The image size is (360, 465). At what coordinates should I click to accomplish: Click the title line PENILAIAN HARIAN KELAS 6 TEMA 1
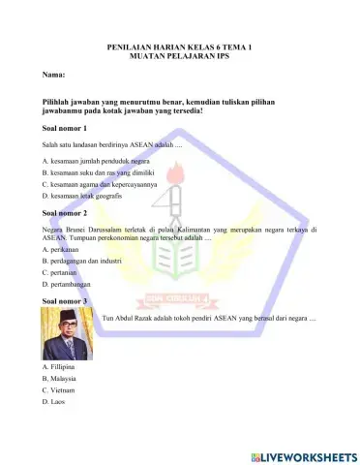[x=181, y=46]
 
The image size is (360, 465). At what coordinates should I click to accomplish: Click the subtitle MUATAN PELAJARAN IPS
[x=181, y=55]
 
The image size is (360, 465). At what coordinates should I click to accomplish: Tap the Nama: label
[x=54, y=75]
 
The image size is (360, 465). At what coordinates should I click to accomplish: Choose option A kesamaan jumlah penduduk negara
[x=96, y=160]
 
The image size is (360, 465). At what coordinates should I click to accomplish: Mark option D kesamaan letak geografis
[x=88, y=195]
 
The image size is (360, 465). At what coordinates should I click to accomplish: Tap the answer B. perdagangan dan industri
[x=82, y=262]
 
